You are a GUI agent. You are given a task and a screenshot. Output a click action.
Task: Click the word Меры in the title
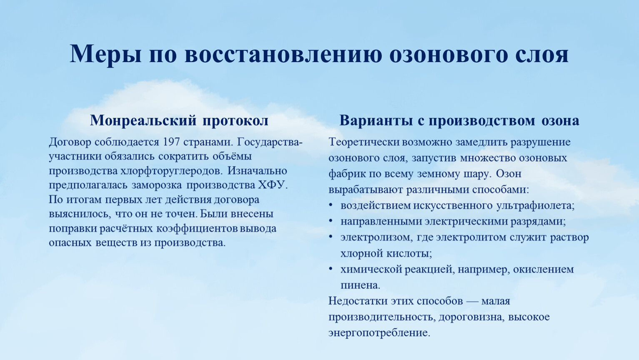point(105,54)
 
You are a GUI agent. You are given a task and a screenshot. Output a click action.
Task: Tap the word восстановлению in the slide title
point(283,54)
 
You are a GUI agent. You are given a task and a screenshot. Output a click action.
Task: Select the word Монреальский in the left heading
point(143,120)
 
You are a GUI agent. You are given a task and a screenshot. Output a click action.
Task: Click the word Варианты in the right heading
point(376,120)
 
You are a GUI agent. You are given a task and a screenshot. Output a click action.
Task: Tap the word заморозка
point(157,185)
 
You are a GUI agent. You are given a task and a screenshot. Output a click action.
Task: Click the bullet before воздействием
point(331,206)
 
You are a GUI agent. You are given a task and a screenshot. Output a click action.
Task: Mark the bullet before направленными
point(331,221)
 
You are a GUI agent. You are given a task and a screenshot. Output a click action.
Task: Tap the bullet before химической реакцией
point(331,269)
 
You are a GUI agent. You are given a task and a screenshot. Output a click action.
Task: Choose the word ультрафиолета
point(536,206)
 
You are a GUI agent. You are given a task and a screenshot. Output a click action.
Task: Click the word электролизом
point(376,237)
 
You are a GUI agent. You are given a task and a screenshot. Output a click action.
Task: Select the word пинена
point(361,285)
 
